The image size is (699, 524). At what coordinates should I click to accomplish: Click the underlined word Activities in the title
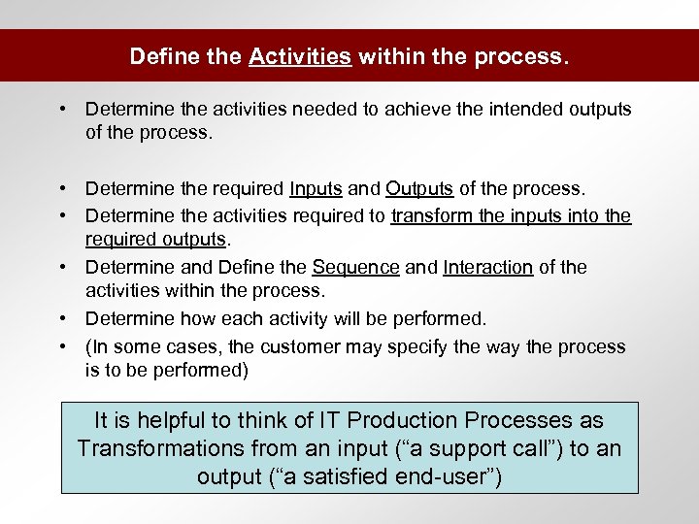click(x=299, y=57)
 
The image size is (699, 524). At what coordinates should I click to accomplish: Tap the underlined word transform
click(x=430, y=216)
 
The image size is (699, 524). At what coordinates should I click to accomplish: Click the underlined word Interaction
click(x=487, y=267)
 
